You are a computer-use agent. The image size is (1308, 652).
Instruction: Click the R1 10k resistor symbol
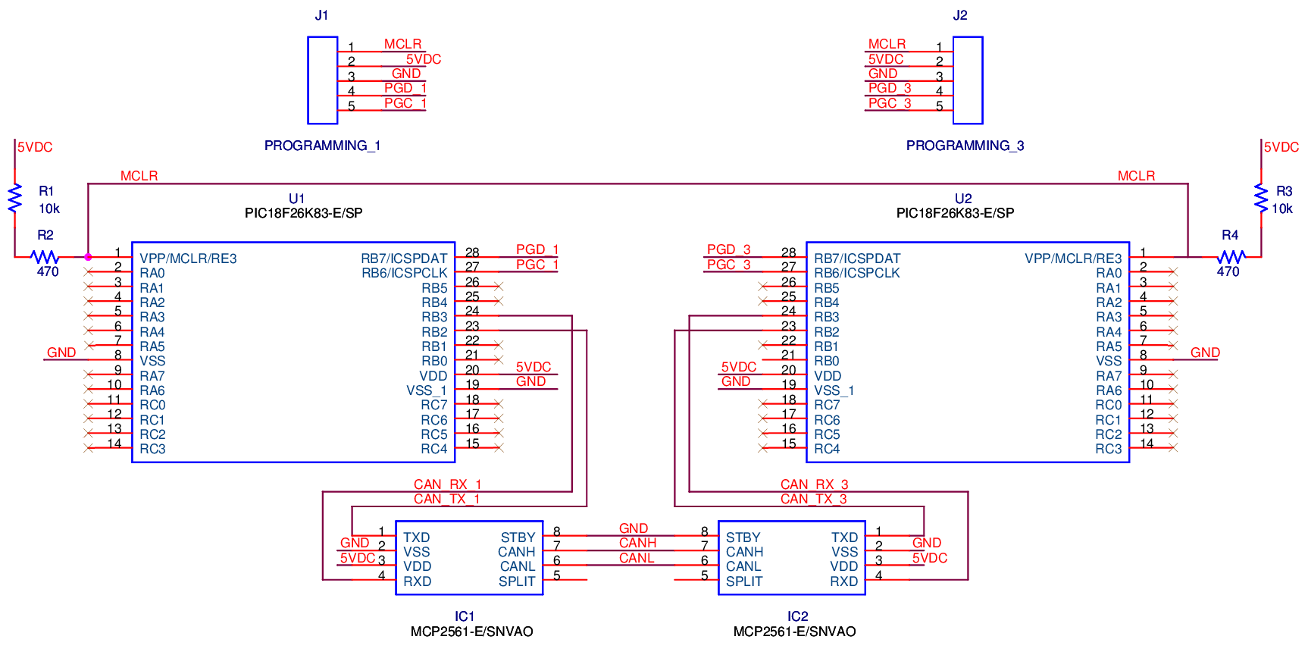[x=14, y=199]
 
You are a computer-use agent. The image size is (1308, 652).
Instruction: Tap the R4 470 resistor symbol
[x=1231, y=257]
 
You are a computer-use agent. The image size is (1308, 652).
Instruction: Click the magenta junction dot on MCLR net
[x=88, y=257]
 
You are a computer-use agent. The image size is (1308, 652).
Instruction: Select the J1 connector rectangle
[x=322, y=80]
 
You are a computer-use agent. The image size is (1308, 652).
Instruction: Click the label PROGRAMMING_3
[x=965, y=146]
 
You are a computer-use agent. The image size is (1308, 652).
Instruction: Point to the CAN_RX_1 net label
[x=447, y=484]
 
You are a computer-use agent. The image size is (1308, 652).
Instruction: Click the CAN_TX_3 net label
[x=814, y=499]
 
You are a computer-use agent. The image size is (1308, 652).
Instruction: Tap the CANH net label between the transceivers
[x=637, y=543]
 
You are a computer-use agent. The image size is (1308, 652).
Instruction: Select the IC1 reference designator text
[x=465, y=616]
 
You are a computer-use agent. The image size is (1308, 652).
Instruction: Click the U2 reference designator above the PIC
[x=963, y=199]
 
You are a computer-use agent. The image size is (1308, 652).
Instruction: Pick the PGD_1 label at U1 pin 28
[x=537, y=249]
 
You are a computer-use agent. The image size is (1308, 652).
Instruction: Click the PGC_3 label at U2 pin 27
[x=728, y=265]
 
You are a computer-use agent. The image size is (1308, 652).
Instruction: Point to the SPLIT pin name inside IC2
[x=744, y=581]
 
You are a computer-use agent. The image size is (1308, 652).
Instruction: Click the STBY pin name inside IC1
[x=518, y=538]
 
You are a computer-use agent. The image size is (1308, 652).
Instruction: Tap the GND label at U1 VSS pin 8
[x=61, y=353]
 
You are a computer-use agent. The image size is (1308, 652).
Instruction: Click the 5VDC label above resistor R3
[x=1281, y=147]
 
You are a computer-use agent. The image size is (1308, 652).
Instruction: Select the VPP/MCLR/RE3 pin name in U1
[x=188, y=259]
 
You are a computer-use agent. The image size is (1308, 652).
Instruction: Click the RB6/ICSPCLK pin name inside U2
[x=856, y=273]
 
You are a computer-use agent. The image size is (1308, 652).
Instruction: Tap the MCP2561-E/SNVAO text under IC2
[x=794, y=632]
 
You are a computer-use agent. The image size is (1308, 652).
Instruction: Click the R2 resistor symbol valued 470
[x=45, y=257]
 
